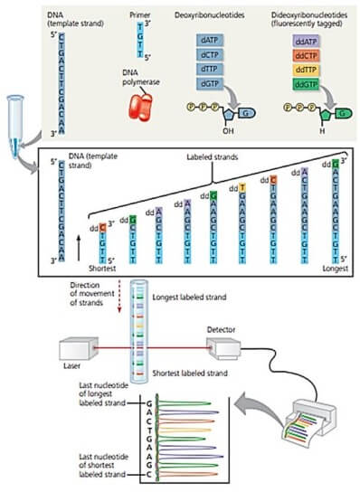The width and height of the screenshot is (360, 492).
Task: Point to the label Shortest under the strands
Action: click(x=90, y=267)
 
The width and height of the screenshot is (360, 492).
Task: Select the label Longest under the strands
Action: click(x=333, y=267)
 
